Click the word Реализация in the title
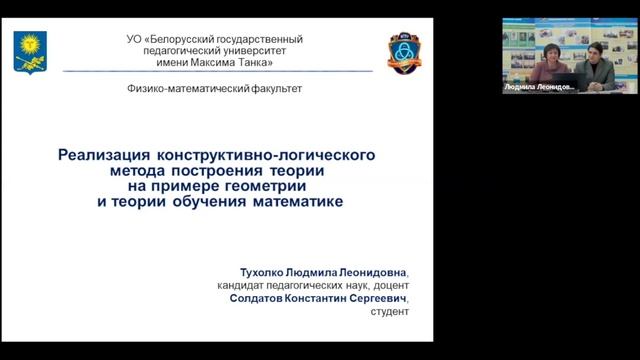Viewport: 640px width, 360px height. tap(102, 156)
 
